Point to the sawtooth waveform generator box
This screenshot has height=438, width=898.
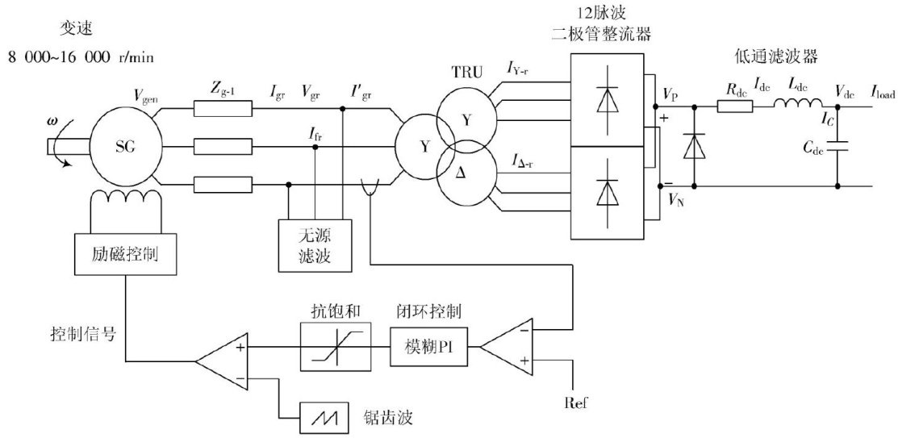pos(324,419)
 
